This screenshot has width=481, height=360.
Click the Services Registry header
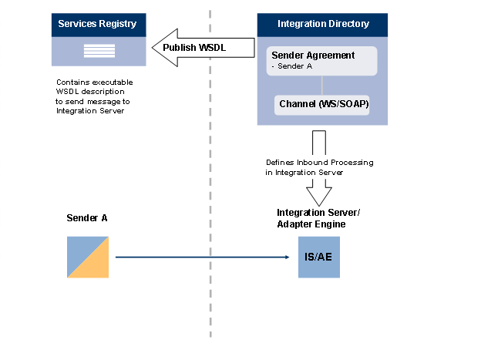click(x=97, y=23)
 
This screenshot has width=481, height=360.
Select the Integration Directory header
click(x=323, y=23)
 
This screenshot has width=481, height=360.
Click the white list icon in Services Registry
click(x=97, y=52)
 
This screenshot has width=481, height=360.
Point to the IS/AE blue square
click(x=319, y=257)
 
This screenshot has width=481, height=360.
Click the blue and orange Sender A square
click(x=87, y=257)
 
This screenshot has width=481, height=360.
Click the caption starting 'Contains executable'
click(x=89, y=96)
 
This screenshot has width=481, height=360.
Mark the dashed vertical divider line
click(x=210, y=193)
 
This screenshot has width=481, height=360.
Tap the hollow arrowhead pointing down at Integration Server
click(x=318, y=192)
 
